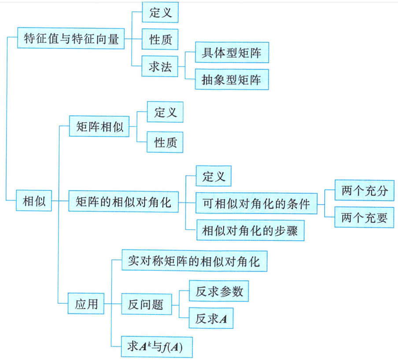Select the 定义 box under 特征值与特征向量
pyautogui.click(x=160, y=13)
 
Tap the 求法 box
pyautogui.click(x=160, y=67)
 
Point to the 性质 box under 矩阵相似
pyautogui.click(x=165, y=143)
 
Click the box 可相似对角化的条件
pyautogui.click(x=256, y=204)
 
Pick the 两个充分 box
pyautogui.click(x=364, y=191)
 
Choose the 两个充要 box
pyautogui.click(x=364, y=218)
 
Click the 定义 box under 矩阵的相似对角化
pyautogui.click(x=214, y=177)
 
